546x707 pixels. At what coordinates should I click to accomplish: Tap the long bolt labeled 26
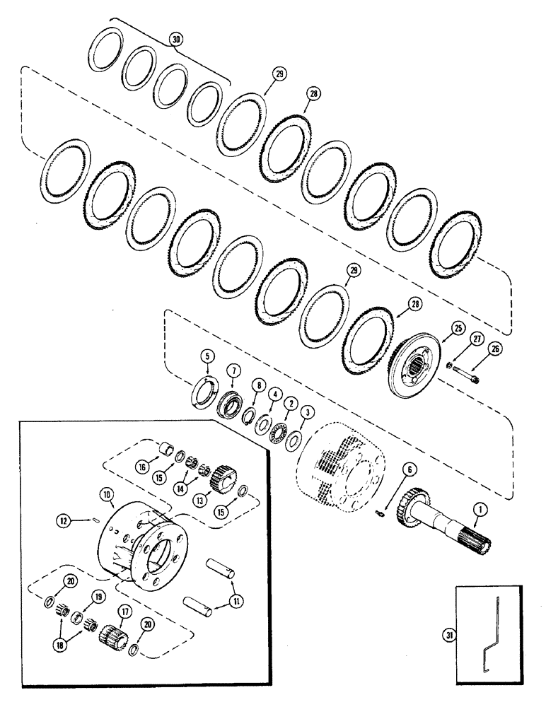467,368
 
